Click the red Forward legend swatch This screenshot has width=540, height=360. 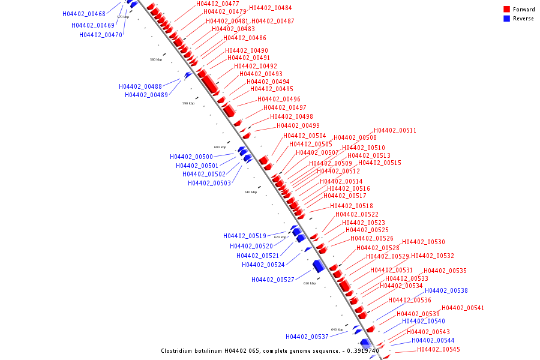(x=507, y=10)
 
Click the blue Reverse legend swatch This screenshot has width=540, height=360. (x=507, y=19)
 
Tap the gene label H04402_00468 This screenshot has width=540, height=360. (x=83, y=14)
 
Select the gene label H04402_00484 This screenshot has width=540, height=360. (x=271, y=8)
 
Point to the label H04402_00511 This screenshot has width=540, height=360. (x=395, y=131)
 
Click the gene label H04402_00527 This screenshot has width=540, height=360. (x=273, y=280)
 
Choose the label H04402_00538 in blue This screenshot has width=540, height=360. (x=446, y=290)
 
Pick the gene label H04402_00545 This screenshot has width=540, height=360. (x=439, y=349)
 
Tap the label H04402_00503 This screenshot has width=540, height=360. (x=209, y=183)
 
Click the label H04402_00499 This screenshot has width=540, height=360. (x=298, y=125)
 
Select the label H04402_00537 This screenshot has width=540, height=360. (x=307, y=337)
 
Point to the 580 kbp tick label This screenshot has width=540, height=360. (x=156, y=59)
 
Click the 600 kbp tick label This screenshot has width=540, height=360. (x=220, y=147)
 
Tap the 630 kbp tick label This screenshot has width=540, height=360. (x=309, y=283)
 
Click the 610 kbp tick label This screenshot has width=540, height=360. (x=250, y=192)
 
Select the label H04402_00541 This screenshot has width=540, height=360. (x=463, y=308)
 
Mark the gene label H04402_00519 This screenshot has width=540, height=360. (x=245, y=236)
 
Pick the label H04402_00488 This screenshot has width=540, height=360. (x=140, y=86)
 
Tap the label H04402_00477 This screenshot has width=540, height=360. (x=218, y=4)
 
